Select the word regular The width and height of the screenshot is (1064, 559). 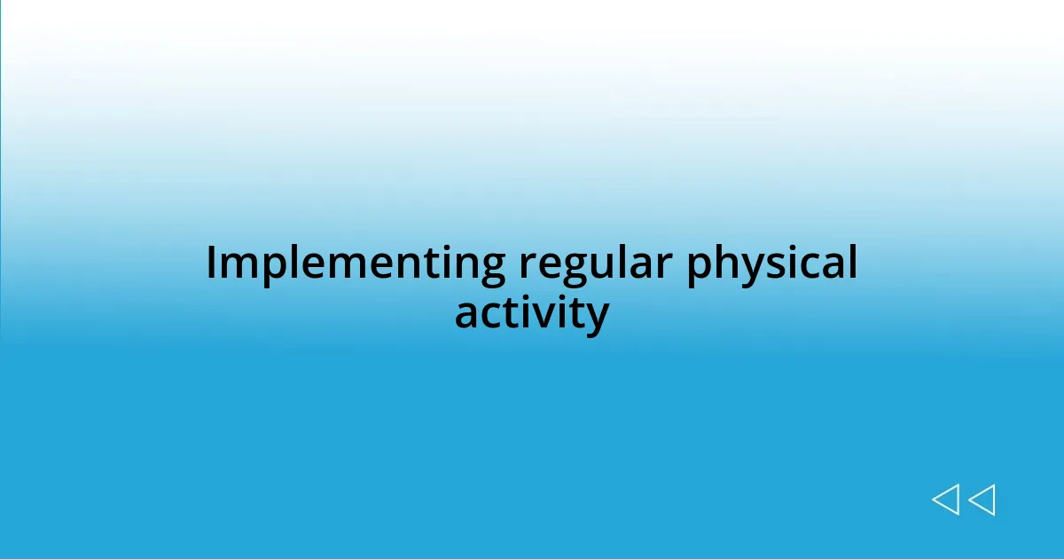pyautogui.click(x=591, y=264)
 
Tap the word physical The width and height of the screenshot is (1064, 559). pyautogui.click(x=771, y=264)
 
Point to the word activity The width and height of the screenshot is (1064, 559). pyautogui.click(x=531, y=314)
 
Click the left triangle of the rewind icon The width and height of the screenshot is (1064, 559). pyautogui.click(x=945, y=500)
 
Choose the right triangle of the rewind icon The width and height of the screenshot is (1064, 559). pyautogui.click(x=982, y=500)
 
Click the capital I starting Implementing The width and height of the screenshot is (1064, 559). pyautogui.click(x=212, y=264)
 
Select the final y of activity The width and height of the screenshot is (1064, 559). pyautogui.click(x=597, y=319)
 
